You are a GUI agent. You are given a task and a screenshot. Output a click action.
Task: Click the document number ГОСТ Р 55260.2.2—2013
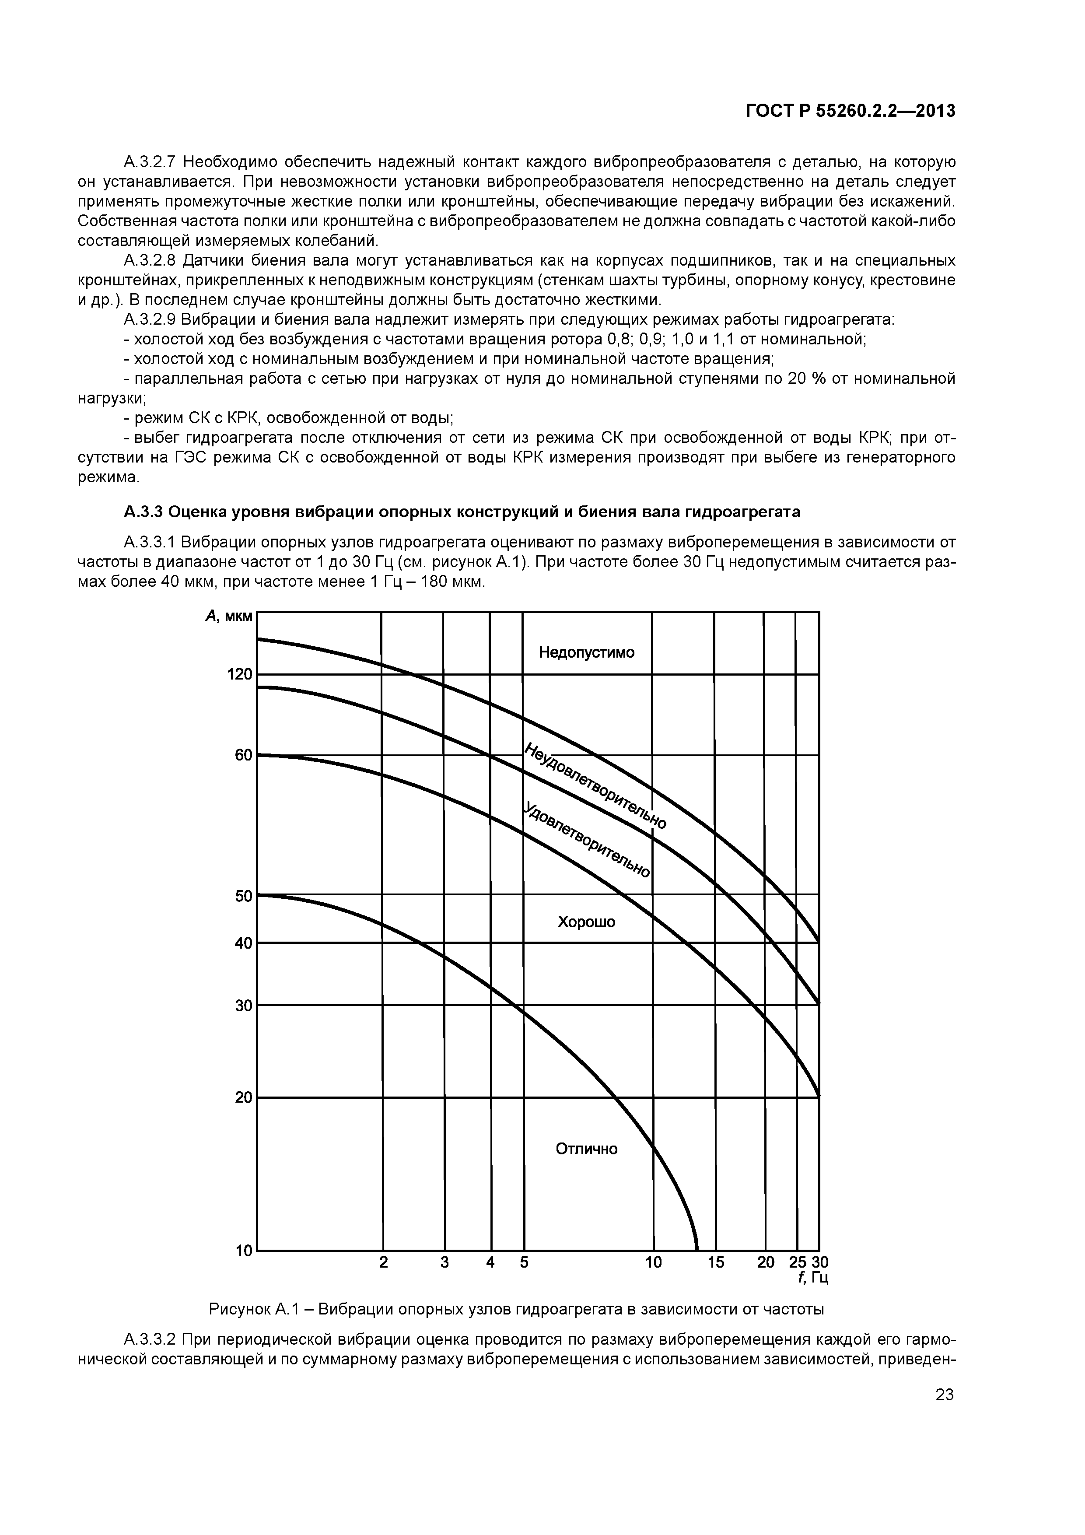[850, 111]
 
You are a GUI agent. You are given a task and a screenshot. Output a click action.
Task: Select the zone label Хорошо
[586, 922]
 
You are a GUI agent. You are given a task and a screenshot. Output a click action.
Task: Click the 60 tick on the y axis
[243, 755]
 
